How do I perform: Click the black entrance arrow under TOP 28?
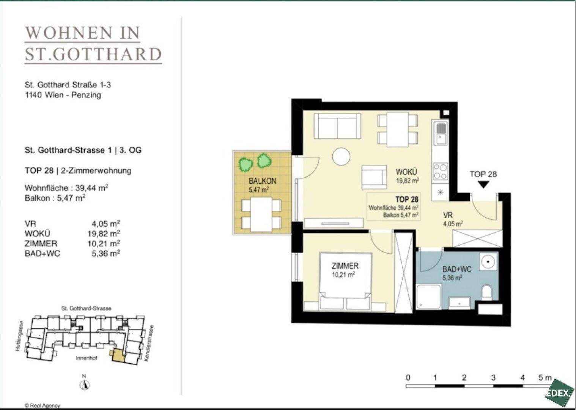[483, 184]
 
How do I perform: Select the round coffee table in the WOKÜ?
[341, 156]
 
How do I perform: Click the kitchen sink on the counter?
[441, 134]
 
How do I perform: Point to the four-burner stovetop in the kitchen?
[440, 171]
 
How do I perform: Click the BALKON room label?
[262, 181]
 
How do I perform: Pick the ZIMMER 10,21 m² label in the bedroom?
[345, 270]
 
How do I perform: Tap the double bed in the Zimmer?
[345, 282]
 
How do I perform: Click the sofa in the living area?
[337, 126]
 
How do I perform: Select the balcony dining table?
[261, 214]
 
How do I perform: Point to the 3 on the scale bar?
[493, 378]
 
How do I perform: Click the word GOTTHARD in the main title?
[107, 54]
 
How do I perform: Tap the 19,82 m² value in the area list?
[104, 233]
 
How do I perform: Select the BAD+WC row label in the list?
[42, 254]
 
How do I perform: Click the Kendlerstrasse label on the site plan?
[149, 343]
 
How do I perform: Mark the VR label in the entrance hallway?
[448, 215]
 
